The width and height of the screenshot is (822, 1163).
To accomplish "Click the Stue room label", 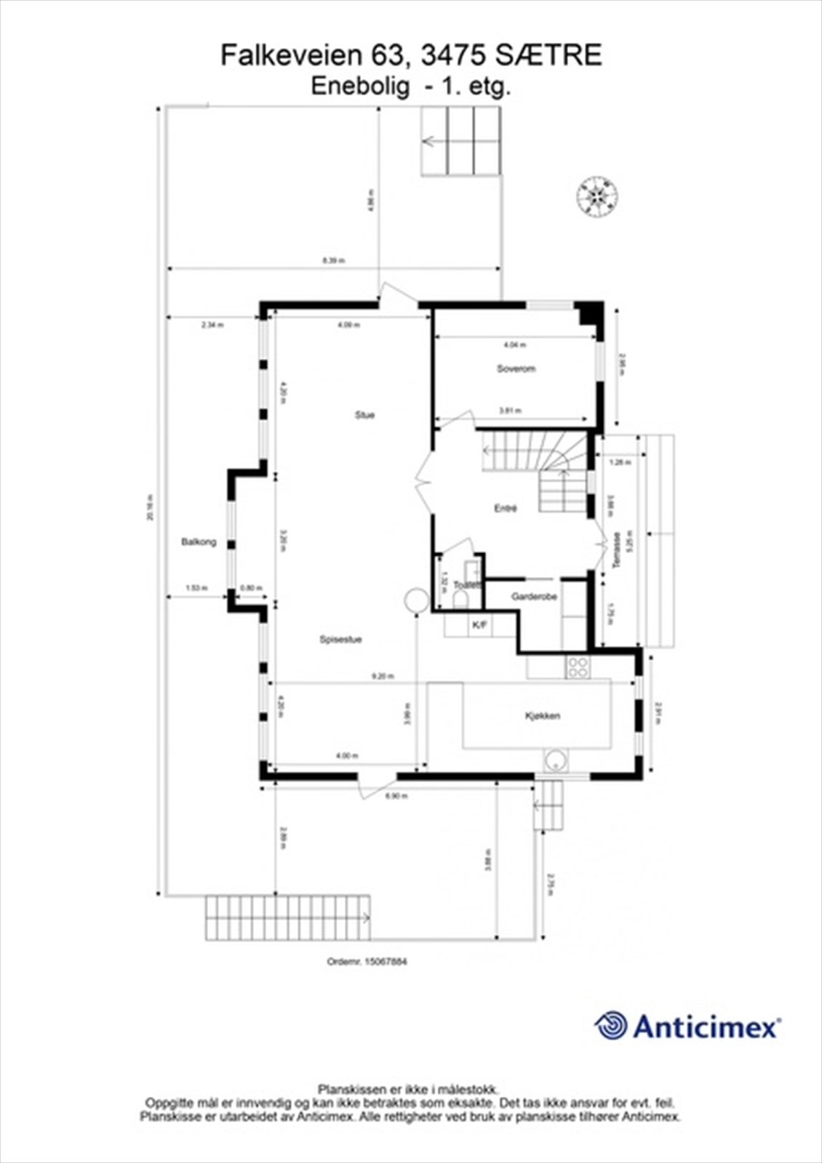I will [364, 415].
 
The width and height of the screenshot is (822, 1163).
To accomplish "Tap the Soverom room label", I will [516, 369].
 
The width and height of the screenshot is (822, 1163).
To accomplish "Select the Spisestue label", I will [340, 640].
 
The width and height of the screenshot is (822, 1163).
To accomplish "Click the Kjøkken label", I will [543, 716].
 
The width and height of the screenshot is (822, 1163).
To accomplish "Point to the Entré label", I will [505, 509].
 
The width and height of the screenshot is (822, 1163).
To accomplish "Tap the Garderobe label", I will [534, 597].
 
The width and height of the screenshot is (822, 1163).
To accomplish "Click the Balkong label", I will [199, 542].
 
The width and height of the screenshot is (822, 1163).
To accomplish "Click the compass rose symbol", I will [597, 195].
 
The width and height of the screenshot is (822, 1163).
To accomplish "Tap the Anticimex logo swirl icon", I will [611, 1026].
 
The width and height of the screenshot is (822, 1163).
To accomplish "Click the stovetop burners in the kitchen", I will [578, 667].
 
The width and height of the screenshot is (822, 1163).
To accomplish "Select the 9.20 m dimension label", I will [383, 676].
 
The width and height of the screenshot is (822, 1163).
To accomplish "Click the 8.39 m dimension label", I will [334, 260].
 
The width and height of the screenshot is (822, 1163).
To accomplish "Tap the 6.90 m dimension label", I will [396, 796].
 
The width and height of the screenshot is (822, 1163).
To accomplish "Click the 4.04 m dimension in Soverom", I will [515, 345].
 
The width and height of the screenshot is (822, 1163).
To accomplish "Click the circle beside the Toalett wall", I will [417, 600].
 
